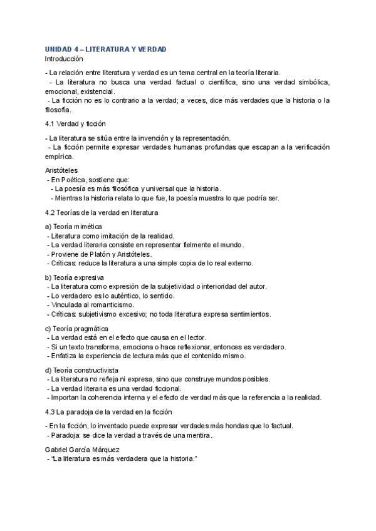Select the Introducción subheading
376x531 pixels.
[64, 58]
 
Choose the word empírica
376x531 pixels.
[60, 157]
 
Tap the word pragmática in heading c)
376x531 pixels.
[91, 328]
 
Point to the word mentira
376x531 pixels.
[197, 435]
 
